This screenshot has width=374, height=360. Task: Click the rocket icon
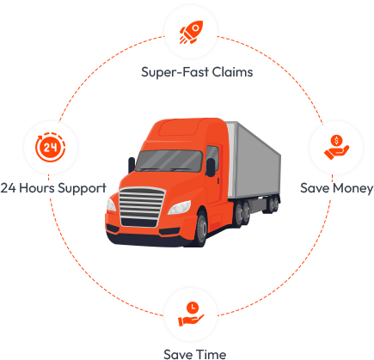coord(191,32)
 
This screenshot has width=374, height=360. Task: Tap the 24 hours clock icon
coord(51,147)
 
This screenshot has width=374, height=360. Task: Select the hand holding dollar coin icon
coord(336,147)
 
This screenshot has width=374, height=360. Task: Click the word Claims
coord(233,72)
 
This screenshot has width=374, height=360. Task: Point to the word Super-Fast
coord(175,72)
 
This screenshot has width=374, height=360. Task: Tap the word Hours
coord(37,188)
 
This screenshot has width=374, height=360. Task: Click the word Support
coord(82,189)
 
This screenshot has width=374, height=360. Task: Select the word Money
coord(353,189)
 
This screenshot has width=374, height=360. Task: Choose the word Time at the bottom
coord(212,354)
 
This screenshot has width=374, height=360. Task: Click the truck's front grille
coord(142,207)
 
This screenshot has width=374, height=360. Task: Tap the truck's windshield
coord(169,161)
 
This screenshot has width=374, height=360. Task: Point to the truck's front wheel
coord(201,229)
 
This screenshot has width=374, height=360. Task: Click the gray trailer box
coord(254,161)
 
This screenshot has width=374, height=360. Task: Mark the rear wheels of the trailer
coord(272,204)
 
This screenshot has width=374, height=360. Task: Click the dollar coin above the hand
coord(336,141)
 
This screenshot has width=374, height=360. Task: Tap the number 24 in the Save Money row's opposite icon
coord(51,148)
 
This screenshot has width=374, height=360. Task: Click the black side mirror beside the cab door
coord(211,167)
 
